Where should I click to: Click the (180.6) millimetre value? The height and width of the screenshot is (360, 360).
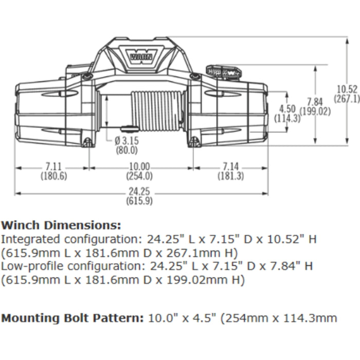pyautogui.click(x=53, y=176)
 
